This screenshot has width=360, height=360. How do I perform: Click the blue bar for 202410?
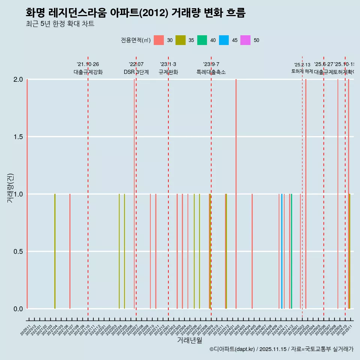(282, 251)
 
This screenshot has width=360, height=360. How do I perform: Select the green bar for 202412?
(291, 251)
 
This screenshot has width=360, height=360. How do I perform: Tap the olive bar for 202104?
(55, 251)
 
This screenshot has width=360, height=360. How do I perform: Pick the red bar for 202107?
(70, 251)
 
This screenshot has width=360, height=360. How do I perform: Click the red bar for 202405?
(252, 251)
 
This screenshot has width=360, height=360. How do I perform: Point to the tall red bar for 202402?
(236, 194)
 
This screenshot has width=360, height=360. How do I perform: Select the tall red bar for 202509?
(338, 194)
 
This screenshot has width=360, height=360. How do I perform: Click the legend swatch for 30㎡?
(159, 40)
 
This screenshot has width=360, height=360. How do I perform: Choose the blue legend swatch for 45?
(224, 40)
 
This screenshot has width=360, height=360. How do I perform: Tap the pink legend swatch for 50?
(246, 40)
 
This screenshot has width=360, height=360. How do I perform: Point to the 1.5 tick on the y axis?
(18, 137)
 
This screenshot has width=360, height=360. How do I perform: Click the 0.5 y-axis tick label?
(18, 252)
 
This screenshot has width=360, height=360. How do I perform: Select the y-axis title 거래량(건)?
(10, 188)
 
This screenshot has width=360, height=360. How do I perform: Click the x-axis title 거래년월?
(189, 340)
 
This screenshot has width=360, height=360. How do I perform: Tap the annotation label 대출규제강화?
(88, 72)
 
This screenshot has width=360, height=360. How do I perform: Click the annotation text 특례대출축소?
(211, 72)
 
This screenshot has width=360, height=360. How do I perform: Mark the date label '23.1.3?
(168, 64)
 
